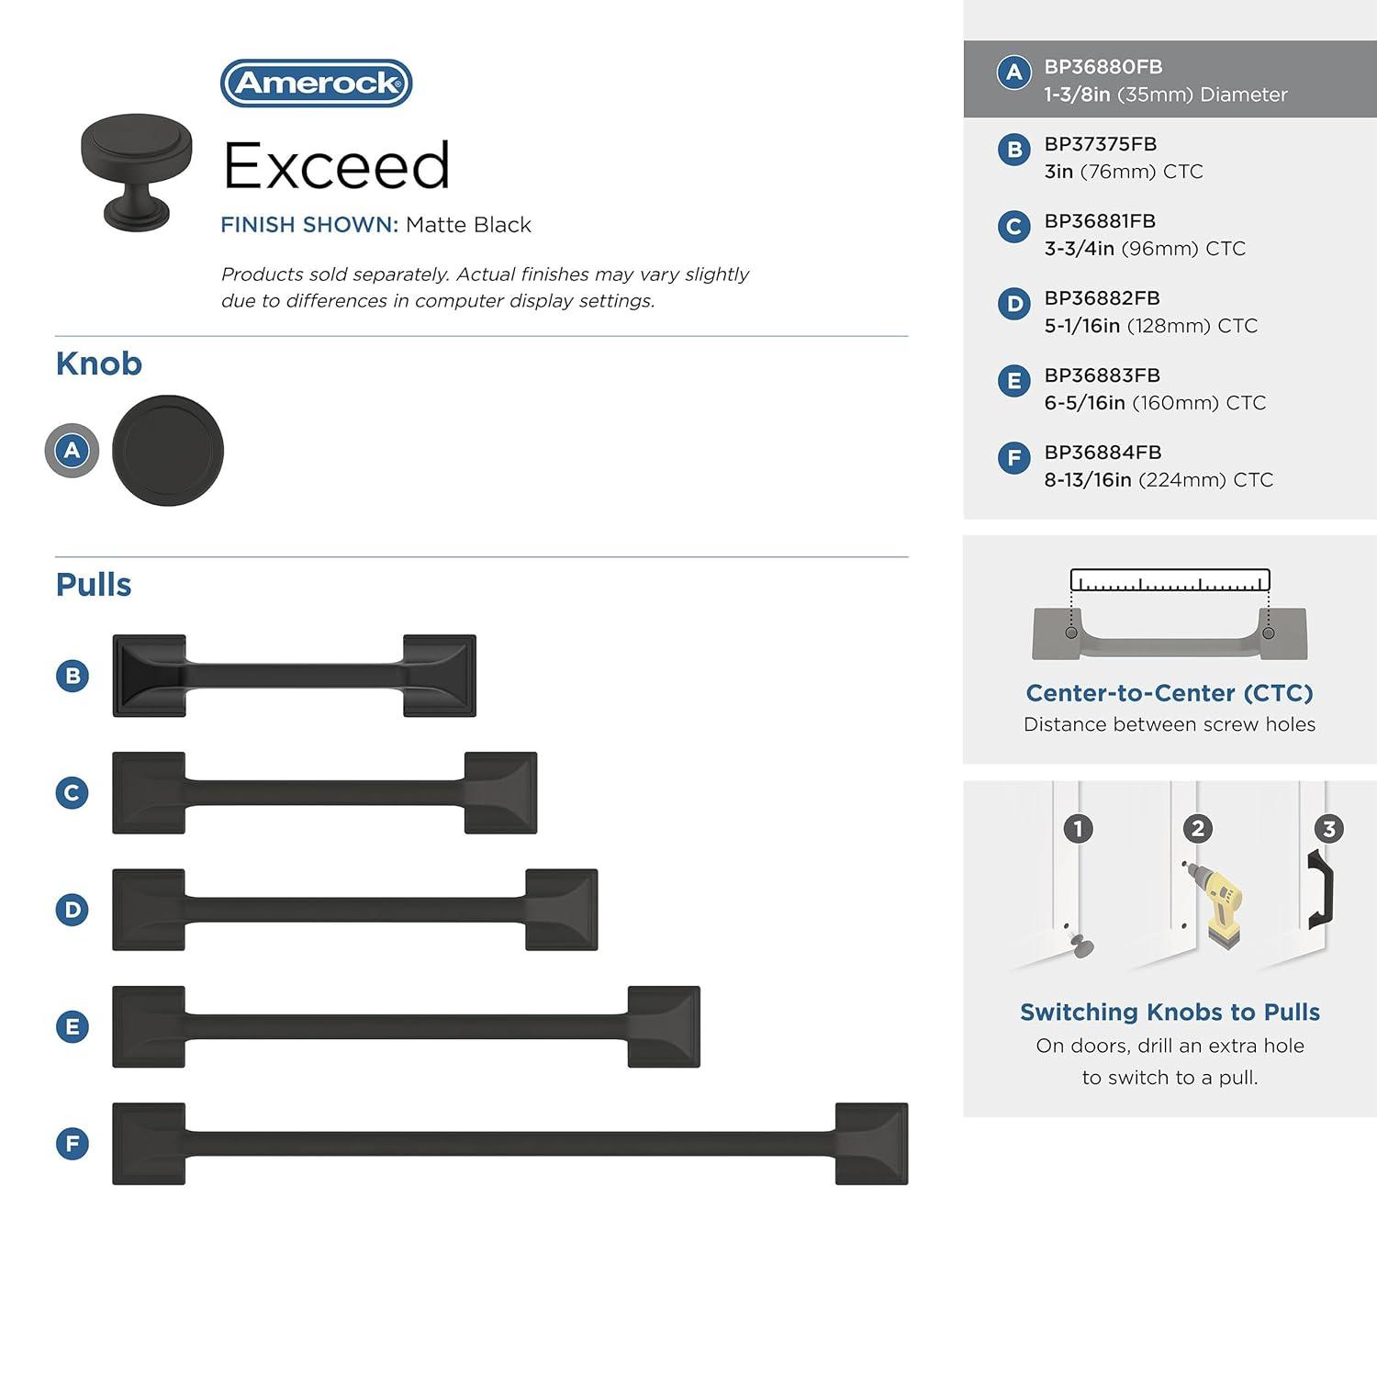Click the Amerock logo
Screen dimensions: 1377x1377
point(316,84)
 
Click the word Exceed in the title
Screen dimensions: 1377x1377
point(336,166)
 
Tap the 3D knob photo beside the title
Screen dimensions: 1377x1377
point(137,171)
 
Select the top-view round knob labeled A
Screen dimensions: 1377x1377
point(168,451)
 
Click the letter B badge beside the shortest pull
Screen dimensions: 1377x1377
point(73,676)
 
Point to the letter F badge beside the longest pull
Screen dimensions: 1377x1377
point(73,1144)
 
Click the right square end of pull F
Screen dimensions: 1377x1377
point(871,1144)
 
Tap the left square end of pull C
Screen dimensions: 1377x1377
point(149,793)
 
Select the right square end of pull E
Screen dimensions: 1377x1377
point(664,1026)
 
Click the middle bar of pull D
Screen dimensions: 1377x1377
point(355,910)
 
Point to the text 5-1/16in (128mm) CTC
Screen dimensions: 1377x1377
point(1150,326)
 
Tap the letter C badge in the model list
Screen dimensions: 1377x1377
point(1013,227)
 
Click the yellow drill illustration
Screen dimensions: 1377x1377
point(1217,904)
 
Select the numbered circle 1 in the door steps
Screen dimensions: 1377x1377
point(1079,829)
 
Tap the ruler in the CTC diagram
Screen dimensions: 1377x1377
point(1170,580)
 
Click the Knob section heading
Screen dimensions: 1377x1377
point(99,364)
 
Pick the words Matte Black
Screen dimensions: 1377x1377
point(468,225)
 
